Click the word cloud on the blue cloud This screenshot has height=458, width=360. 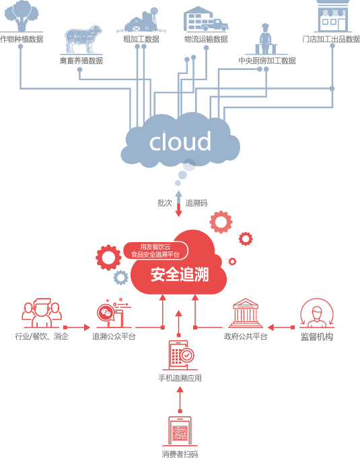coord(180,141)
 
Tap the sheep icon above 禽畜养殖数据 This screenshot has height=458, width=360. coord(83,39)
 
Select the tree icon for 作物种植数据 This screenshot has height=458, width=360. coord(22,16)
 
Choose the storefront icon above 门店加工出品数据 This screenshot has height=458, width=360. coord(333,16)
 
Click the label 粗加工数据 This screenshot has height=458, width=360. coord(141,39)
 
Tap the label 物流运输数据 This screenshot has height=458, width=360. coord(206,39)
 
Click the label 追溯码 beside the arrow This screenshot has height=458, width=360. coord(196,202)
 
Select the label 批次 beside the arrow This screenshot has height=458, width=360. coord(164,202)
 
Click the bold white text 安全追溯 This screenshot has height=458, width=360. coord(180,274)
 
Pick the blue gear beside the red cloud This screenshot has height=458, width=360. coord(120,278)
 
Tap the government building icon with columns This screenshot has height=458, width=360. coord(246,313)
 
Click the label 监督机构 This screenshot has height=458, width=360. coord(317,337)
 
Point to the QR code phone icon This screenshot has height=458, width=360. coord(180,431)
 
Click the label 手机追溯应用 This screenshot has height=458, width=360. coord(180,378)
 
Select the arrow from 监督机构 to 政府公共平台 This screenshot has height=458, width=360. coord(281,328)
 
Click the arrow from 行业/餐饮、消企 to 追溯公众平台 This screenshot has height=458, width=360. coord(77,328)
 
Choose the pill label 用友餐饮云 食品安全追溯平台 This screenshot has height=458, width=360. coord(155,251)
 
